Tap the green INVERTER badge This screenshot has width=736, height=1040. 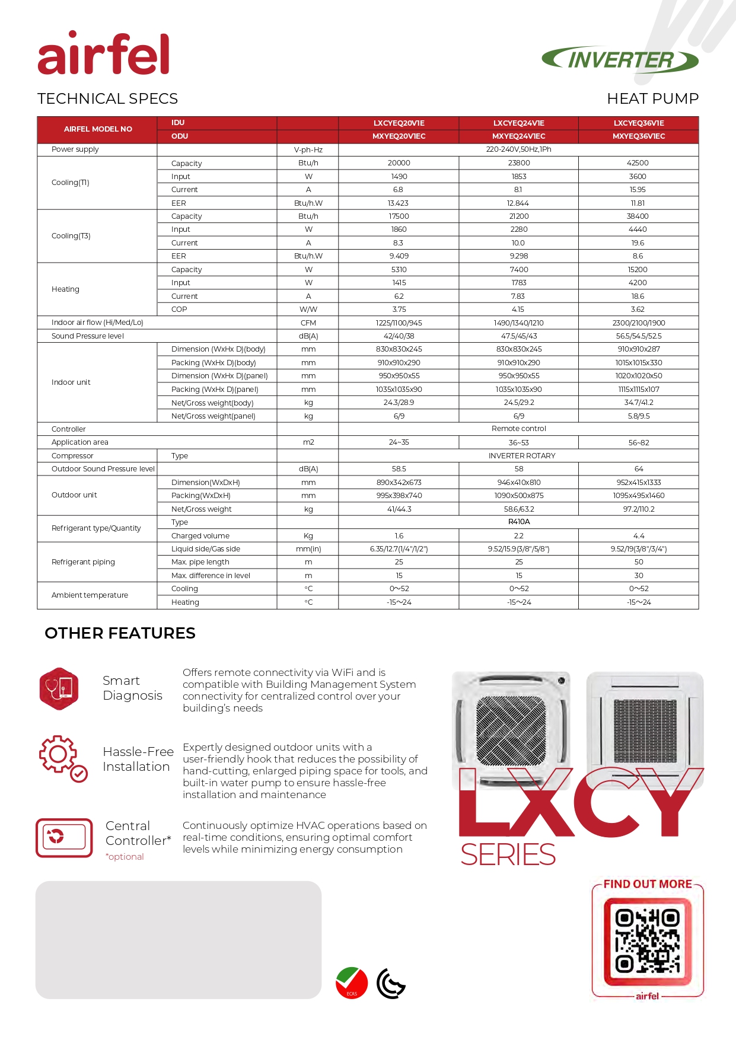point(620,60)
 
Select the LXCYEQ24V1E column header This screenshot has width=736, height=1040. point(518,123)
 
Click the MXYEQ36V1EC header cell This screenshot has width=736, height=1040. point(639,136)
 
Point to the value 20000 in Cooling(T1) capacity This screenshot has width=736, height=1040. point(399,163)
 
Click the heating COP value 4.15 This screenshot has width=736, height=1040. point(518,310)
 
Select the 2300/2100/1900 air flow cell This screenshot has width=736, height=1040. point(639,323)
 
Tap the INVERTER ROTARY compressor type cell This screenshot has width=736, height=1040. point(522,456)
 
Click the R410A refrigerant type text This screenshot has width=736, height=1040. point(519,522)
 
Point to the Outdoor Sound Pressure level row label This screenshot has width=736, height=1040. point(103,469)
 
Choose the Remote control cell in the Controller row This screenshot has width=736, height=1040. point(519,429)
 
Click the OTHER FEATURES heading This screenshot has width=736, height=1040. point(120,633)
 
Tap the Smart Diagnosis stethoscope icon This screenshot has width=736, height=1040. point(59,688)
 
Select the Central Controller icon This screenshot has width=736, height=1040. point(64,838)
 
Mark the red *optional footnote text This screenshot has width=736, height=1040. point(125,857)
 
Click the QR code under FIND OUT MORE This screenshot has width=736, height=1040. point(648,942)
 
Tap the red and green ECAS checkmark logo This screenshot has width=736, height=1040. point(351,982)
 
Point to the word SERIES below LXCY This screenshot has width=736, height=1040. point(508,854)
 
